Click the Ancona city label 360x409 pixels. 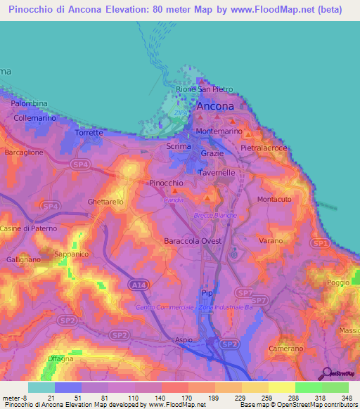pyautogui.click(x=214, y=106)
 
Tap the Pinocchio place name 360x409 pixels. pyautogui.click(x=167, y=183)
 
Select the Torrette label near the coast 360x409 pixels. pyautogui.click(x=89, y=132)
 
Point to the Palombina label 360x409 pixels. pyautogui.click(x=29, y=103)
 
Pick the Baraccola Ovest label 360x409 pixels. pyautogui.click(x=192, y=241)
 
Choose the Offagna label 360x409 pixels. pyautogui.click(x=60, y=358)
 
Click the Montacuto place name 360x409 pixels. pyautogui.click(x=274, y=200)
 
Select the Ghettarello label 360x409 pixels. pyautogui.click(x=105, y=202)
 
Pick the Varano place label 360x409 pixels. pyautogui.click(x=270, y=241)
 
